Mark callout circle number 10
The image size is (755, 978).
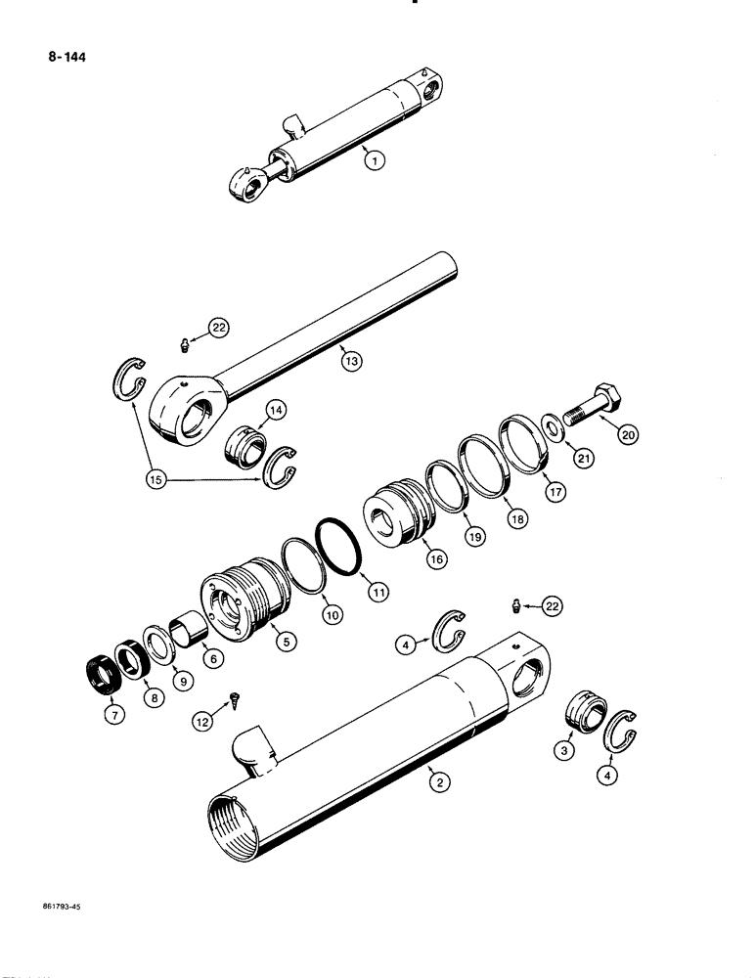pyautogui.click(x=332, y=615)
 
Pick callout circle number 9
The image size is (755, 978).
pyautogui.click(x=181, y=677)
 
